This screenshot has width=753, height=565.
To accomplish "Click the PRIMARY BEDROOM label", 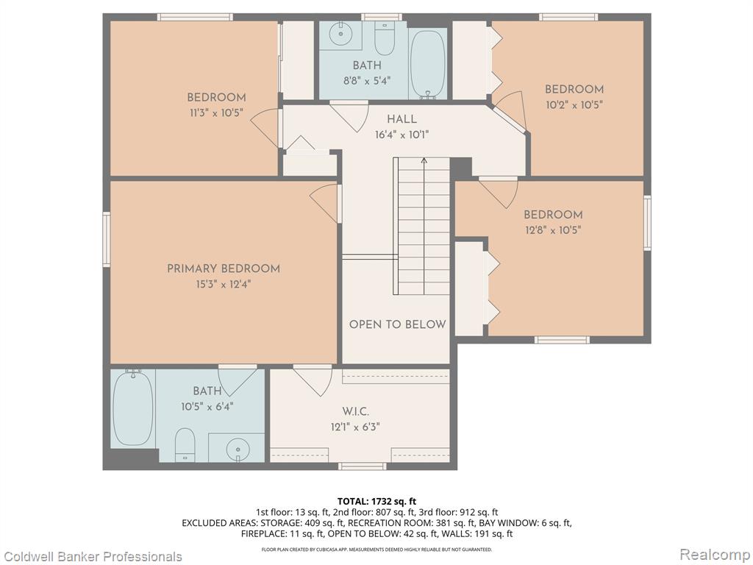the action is coord(224,269).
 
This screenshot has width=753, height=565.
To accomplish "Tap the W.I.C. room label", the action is coord(355,412).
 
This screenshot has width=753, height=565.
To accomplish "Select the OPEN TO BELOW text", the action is coord(398,324).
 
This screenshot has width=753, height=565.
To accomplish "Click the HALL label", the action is coord(402,119).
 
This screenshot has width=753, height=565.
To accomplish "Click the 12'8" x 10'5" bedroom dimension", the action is coord(553,230).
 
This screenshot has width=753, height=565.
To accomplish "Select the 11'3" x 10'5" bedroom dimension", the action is coord(215,113).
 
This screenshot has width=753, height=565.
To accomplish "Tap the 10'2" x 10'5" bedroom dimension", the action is coord(574,104).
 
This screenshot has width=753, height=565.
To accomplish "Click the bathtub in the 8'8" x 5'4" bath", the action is coord(429,65).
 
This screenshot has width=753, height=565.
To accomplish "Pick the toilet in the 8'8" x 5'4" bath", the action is coord(384,38).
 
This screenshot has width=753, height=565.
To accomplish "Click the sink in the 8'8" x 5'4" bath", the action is coord(341,34).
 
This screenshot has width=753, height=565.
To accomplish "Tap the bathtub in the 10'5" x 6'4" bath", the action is coord(133,408).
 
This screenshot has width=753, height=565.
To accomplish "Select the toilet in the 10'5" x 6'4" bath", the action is coord(185,445).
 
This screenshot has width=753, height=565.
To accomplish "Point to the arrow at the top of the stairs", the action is coord(424,162).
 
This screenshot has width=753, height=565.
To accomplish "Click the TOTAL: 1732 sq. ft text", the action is coord(376,502).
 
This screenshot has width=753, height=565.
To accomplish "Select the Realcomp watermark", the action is coord(715,555).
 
